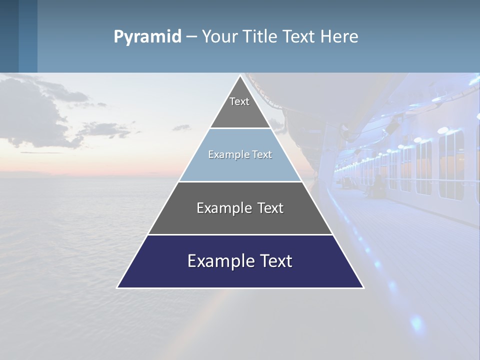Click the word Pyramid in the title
click(x=147, y=37)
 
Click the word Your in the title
click(x=219, y=37)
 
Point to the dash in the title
click(x=191, y=37)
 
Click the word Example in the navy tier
click(x=218, y=261)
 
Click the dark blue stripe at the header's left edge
click(x=9, y=36)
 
